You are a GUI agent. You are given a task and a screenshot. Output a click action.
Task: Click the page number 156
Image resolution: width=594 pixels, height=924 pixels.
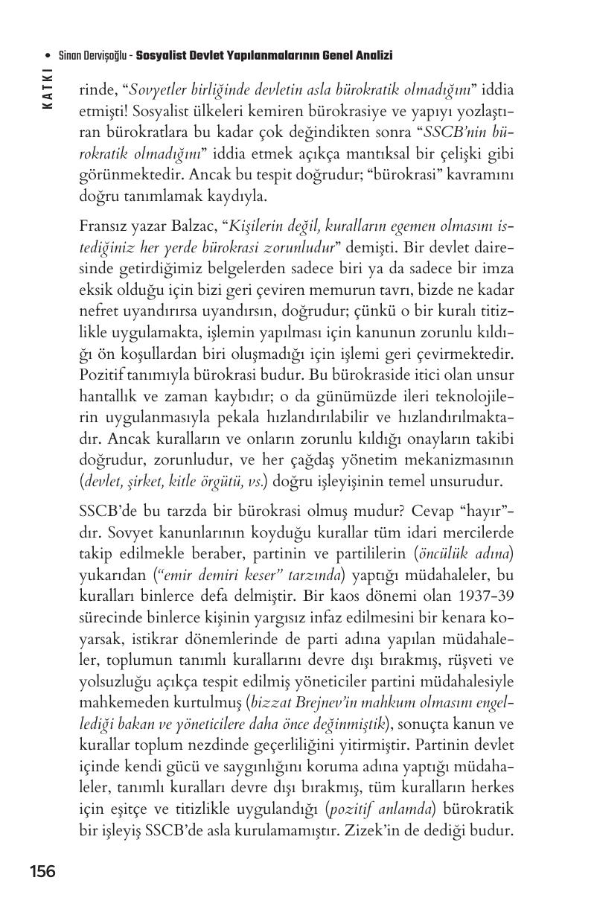42,871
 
